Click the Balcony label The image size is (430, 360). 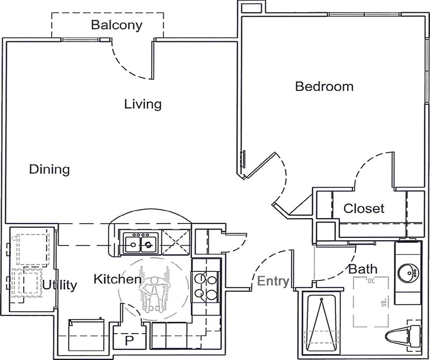tap(116, 25)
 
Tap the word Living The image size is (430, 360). tap(143, 104)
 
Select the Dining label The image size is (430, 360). tap(49, 170)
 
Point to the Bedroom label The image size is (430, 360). tap(324, 86)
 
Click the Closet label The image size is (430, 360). tap(364, 208)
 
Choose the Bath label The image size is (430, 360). tap(363, 269)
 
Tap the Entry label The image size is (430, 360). tap(273, 281)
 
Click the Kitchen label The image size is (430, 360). tap(117, 279)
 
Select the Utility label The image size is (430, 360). tap(60, 285)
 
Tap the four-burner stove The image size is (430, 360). tap(205, 285)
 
